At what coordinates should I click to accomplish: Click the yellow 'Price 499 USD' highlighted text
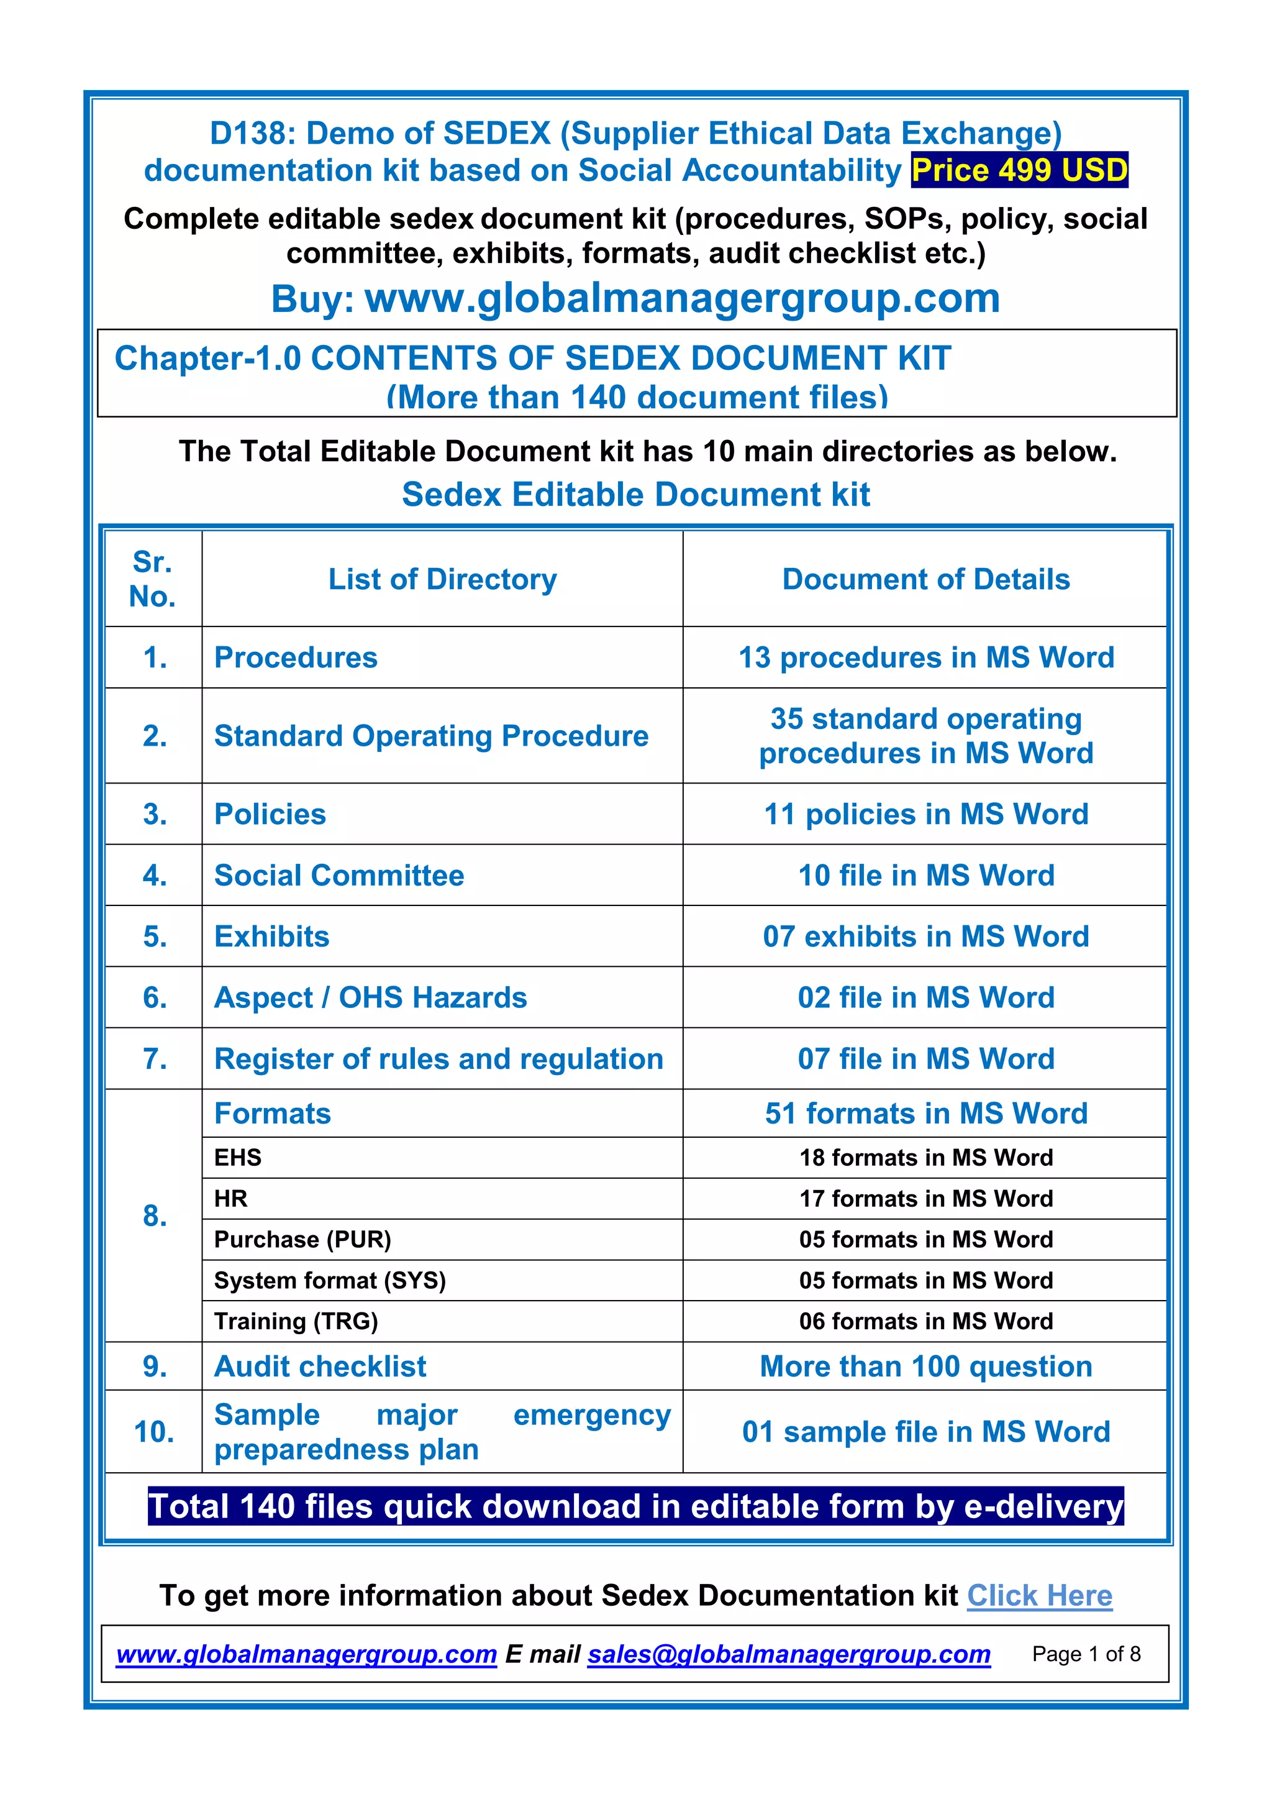pyautogui.click(x=1019, y=170)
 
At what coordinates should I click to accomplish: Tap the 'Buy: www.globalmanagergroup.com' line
pyautogui.click(x=635, y=298)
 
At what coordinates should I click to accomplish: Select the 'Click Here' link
pyautogui.click(x=1039, y=1595)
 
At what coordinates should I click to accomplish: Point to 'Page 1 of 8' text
pyautogui.click(x=1086, y=1654)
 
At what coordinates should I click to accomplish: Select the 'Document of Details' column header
pyautogui.click(x=926, y=579)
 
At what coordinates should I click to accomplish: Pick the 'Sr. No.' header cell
pyautogui.click(x=153, y=579)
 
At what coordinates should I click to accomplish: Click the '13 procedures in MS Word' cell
pyautogui.click(x=926, y=657)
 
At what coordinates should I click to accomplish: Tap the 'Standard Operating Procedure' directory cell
pyautogui.click(x=431, y=736)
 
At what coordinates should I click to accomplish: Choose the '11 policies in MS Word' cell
pyautogui.click(x=926, y=814)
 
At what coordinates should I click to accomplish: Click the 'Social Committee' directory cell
pyautogui.click(x=339, y=875)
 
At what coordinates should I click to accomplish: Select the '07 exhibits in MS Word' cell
pyautogui.click(x=926, y=936)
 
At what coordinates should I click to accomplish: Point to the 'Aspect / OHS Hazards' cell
pyautogui.click(x=370, y=997)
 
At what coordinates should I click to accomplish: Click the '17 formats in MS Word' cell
pyautogui.click(x=926, y=1198)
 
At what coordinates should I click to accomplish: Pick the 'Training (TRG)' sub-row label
pyautogui.click(x=296, y=1321)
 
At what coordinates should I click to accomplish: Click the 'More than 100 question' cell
pyautogui.click(x=926, y=1366)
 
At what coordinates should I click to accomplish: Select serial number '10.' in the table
pyautogui.click(x=154, y=1432)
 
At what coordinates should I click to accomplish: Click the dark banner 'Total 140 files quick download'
pyautogui.click(x=635, y=1506)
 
